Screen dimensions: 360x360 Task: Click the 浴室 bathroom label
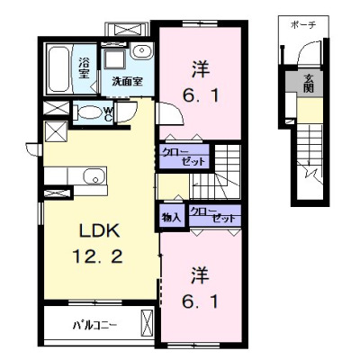[x=85, y=67]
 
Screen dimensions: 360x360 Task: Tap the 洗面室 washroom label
[x=127, y=81]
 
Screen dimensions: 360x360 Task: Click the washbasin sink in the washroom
[x=141, y=51]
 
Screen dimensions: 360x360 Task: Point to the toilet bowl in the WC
[x=89, y=112]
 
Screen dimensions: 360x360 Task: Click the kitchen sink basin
[x=94, y=176]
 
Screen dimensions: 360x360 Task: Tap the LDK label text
[x=99, y=230]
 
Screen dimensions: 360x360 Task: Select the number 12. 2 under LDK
[x=97, y=256]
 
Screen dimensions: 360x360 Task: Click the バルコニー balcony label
[x=95, y=325]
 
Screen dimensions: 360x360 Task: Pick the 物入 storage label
[x=171, y=218]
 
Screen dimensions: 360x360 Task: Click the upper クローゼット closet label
[x=184, y=157]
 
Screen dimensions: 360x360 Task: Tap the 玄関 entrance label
[x=309, y=83]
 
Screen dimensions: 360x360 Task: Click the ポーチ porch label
[x=303, y=25]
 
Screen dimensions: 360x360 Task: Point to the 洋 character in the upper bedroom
[x=201, y=69]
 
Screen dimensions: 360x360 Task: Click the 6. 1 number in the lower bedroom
[x=200, y=301]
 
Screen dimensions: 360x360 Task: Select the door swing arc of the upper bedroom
[x=177, y=111]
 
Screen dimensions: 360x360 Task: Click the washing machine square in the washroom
[x=114, y=59]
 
